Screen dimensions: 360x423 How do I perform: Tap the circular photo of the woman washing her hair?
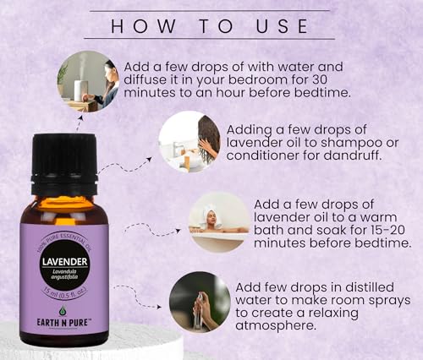coord(190,141)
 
